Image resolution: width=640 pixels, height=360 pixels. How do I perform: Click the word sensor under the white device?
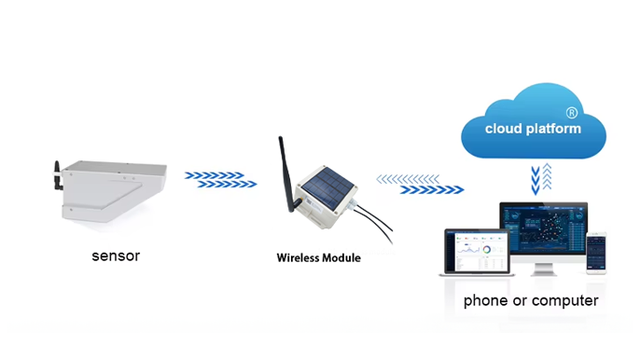click(116, 256)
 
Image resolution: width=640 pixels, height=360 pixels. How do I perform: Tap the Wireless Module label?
click(318, 257)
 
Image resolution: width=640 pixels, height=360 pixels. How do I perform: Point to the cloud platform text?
click(533, 128)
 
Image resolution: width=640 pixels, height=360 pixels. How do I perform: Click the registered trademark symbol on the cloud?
click(572, 112)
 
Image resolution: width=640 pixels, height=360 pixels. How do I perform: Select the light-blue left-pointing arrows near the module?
click(407, 178)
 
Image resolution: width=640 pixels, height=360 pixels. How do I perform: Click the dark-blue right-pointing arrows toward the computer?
click(432, 189)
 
